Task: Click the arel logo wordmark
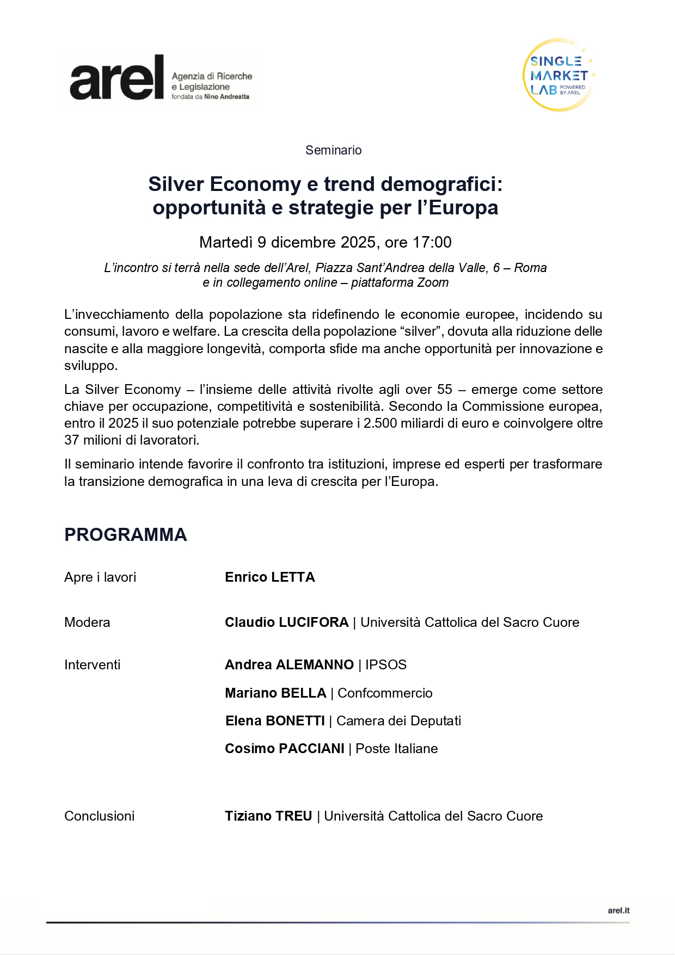point(116,78)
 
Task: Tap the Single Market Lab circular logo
point(559,75)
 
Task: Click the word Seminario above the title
point(333,150)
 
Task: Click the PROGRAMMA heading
point(126,535)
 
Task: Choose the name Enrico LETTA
point(269,577)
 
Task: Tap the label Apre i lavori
point(100,577)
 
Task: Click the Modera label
point(87,623)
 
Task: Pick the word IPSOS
point(386,665)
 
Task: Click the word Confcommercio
point(385,693)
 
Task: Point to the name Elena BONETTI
point(275,721)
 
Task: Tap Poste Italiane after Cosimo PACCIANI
point(396,749)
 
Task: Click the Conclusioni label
point(99,816)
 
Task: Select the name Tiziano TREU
point(268,816)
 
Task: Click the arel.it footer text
point(618,910)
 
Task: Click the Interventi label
point(92,665)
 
